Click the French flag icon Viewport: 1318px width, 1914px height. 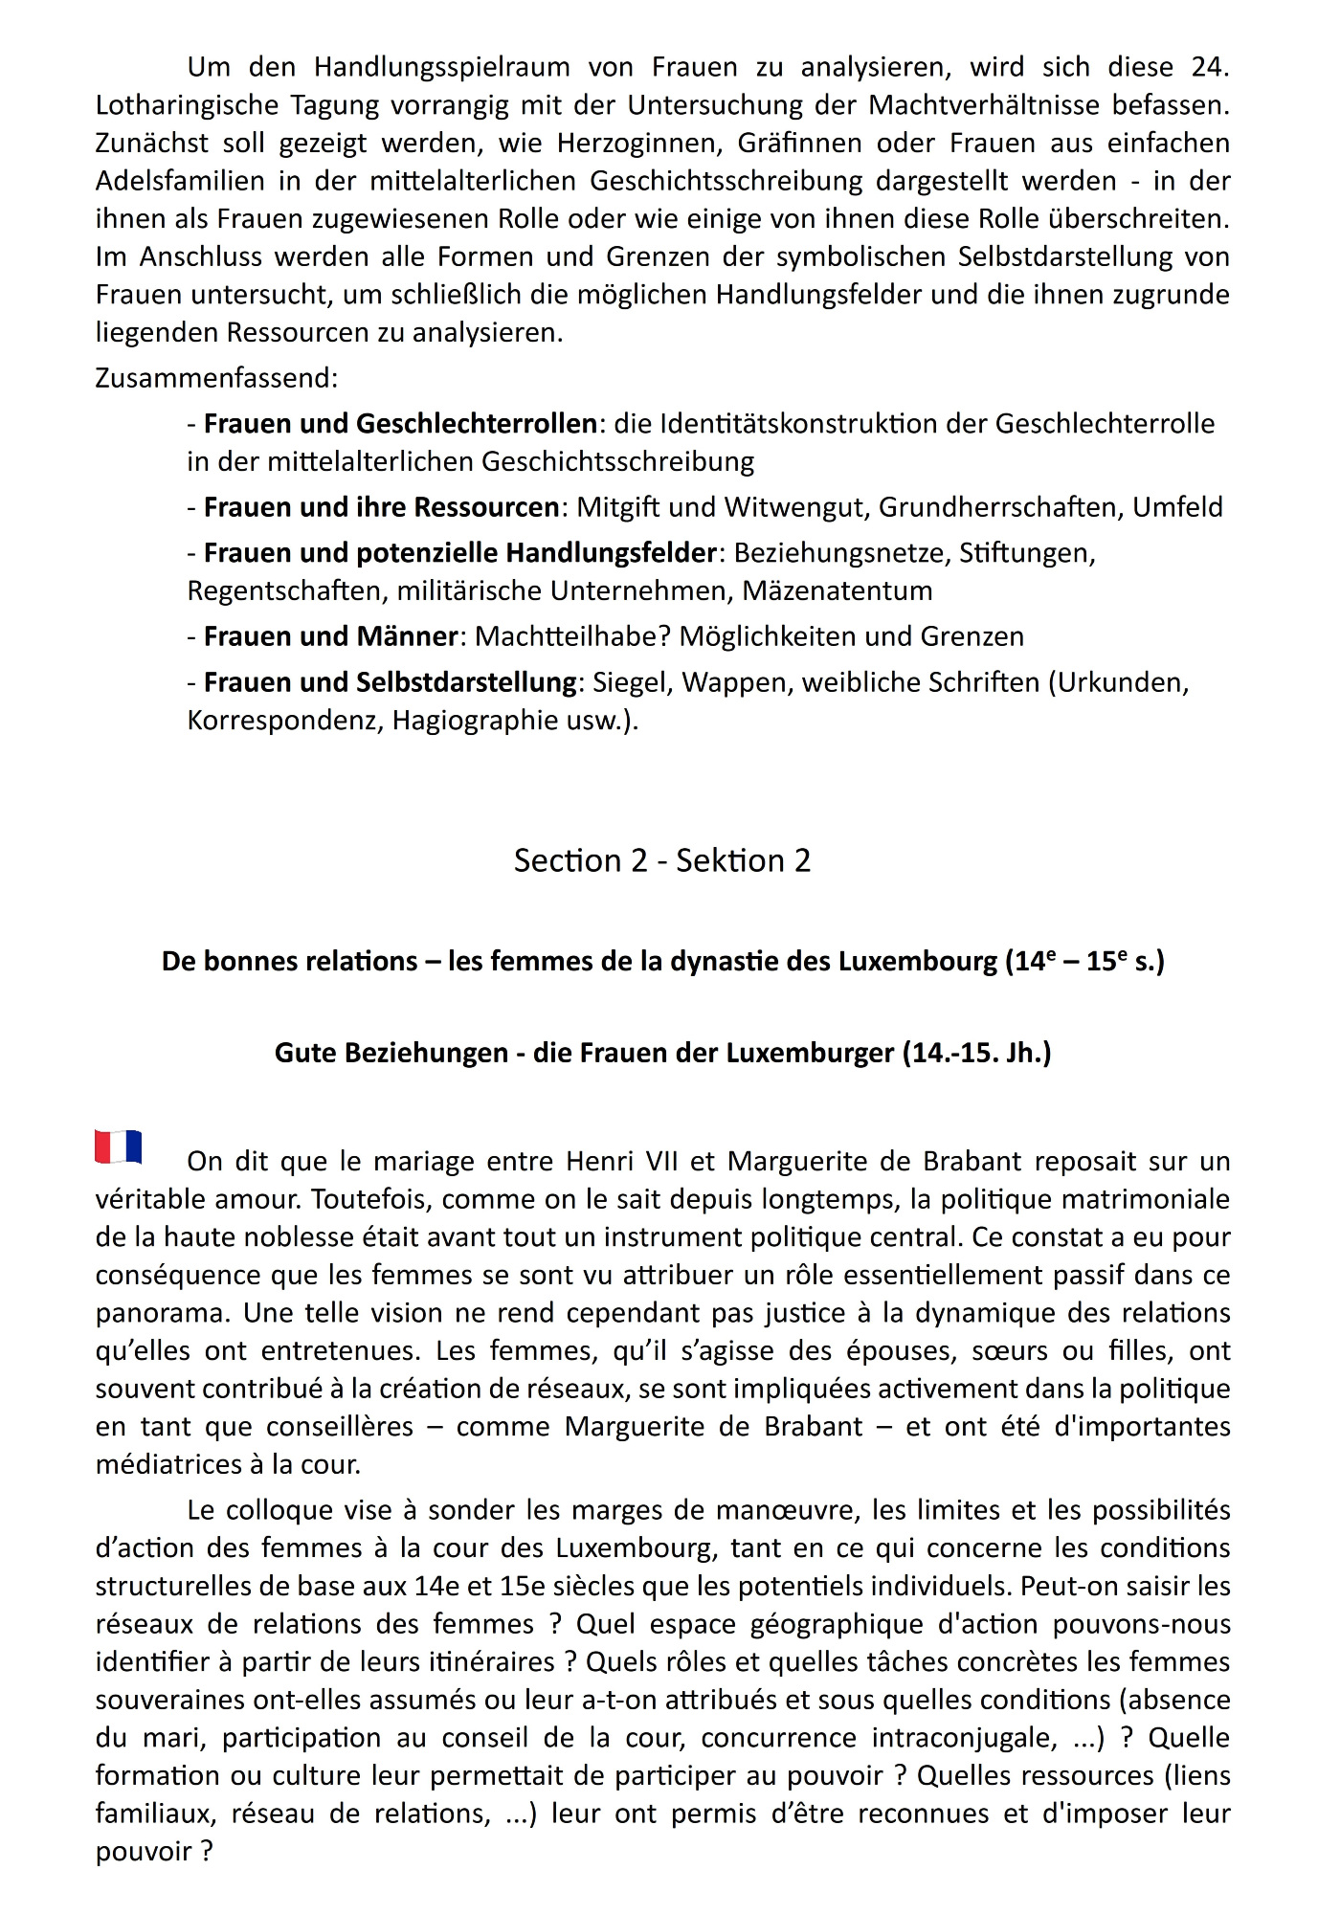pos(119,1146)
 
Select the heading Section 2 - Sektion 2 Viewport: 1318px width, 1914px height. pos(661,860)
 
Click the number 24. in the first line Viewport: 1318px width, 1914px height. pos(1209,67)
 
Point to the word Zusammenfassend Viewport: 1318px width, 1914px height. pos(215,378)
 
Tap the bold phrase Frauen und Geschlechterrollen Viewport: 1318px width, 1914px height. pos(400,423)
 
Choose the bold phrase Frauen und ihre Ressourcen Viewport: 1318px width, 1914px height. pos(381,506)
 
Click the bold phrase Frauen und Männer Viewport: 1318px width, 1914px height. pos(331,635)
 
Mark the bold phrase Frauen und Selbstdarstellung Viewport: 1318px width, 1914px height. pos(391,681)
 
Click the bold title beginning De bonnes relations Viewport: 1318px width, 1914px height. pos(662,961)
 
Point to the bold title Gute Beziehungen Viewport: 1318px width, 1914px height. pos(662,1053)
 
